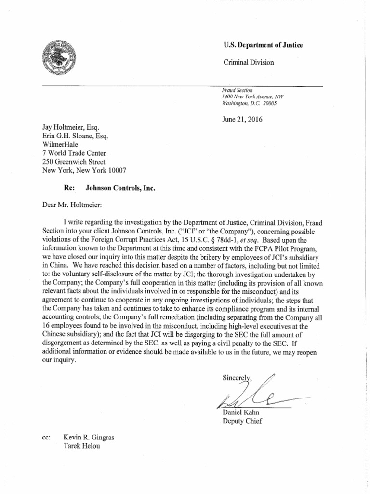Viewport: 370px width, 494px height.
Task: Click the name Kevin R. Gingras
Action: [x=89, y=437]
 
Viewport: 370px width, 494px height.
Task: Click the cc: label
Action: [x=47, y=437]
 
